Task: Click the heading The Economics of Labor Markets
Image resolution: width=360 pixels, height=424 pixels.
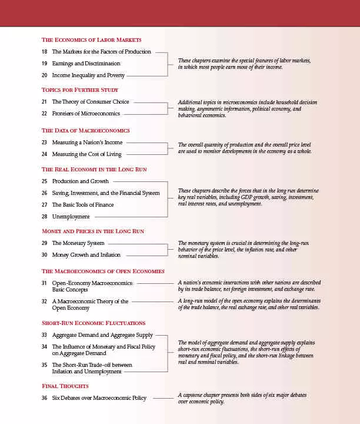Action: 91,40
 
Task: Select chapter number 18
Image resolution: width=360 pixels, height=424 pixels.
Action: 44,52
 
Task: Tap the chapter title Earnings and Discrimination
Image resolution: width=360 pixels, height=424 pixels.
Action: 86,64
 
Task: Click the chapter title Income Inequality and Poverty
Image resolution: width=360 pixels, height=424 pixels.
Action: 88,75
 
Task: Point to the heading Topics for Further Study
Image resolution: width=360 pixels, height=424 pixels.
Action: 80,90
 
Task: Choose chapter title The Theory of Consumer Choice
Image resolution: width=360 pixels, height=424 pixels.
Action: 91,102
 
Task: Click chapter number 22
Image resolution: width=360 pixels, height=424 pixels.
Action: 44,114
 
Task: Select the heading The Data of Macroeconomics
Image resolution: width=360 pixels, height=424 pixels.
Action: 85,131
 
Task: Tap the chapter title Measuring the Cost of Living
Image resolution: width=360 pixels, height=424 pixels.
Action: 86,154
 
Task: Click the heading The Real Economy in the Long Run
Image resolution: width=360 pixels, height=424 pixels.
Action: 94,170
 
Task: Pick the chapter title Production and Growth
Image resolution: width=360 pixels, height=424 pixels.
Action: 80,181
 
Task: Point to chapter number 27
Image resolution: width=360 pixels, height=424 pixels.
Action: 44,205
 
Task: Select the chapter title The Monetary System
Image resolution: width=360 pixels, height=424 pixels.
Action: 78,243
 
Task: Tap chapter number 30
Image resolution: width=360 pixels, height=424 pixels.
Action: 44,255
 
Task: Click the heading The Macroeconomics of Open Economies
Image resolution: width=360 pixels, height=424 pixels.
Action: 103,271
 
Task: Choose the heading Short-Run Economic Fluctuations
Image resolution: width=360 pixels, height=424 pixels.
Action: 94,323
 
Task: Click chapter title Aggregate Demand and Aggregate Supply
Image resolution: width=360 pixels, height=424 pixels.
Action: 102,335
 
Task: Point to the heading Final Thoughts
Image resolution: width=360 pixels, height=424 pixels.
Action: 65,386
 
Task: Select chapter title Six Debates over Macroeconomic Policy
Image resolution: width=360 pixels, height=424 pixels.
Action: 99,398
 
